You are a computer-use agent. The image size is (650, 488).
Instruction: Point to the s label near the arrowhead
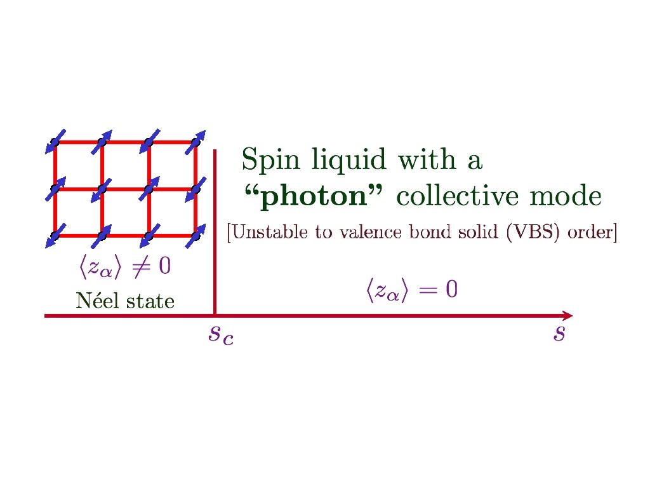point(559,333)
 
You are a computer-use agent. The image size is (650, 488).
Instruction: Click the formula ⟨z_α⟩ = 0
point(411,291)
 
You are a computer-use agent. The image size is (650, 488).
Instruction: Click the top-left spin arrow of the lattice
point(55,142)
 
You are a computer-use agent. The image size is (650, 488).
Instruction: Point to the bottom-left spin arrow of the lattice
point(55,236)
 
